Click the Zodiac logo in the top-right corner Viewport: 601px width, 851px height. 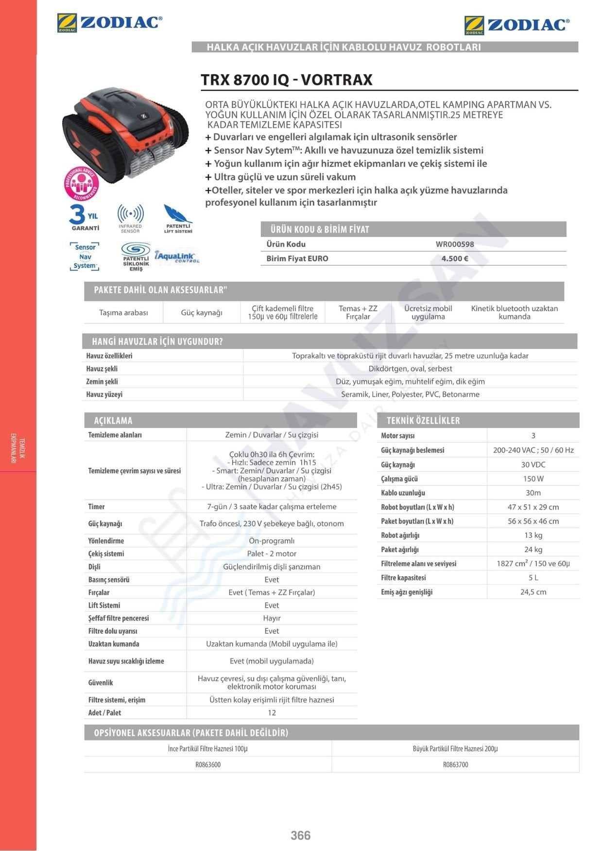click(516, 25)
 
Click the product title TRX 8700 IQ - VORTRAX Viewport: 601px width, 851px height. click(287, 80)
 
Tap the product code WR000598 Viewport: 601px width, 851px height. click(455, 244)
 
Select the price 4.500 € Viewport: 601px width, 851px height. click(455, 259)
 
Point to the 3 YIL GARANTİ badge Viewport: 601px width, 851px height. click(85, 217)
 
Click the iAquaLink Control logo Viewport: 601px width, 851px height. click(177, 257)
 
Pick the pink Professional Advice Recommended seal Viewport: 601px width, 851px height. click(81, 184)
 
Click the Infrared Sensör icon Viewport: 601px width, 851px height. click(130, 218)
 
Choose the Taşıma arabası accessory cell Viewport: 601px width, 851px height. click(123, 313)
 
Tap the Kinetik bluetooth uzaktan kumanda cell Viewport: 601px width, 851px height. click(514, 313)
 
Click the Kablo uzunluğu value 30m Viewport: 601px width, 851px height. click(533, 493)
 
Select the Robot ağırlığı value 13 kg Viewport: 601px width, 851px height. click(533, 535)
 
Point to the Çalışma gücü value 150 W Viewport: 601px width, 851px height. click(533, 479)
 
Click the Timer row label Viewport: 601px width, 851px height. click(96, 506)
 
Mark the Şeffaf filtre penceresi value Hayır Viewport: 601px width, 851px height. click(272, 618)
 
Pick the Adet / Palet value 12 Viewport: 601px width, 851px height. click(272, 712)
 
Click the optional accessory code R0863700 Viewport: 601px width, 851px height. click(455, 764)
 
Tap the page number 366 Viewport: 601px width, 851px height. click(300, 835)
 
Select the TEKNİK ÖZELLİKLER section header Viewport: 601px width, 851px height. click(423, 421)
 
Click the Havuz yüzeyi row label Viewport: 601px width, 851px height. click(104, 394)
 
